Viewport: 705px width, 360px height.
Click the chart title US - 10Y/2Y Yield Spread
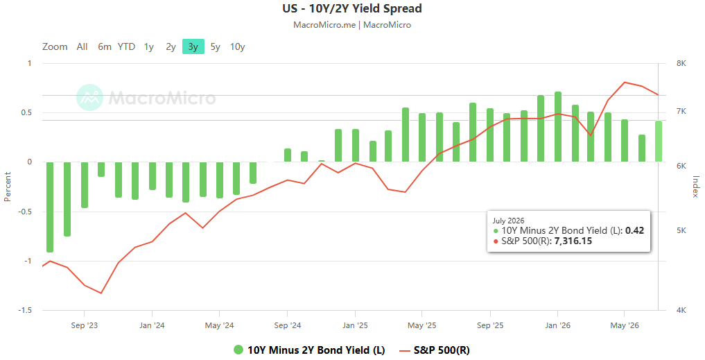352,8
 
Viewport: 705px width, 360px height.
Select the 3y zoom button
193,46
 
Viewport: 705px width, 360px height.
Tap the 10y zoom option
237,46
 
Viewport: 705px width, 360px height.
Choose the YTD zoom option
126,46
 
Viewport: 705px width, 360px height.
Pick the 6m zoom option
105,46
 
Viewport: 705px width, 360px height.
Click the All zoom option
82,46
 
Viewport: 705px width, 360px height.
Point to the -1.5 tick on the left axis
25,311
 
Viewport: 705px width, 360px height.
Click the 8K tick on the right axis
681,63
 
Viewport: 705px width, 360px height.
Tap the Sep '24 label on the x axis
287,325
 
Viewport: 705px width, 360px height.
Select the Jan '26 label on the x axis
557,325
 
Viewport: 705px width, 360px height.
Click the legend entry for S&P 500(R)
435,350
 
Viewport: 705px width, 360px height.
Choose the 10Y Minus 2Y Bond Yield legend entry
309,350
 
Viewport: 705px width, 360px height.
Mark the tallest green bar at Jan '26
558,127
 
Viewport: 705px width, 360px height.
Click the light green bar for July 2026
659,142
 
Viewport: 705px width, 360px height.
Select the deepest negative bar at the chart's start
50,207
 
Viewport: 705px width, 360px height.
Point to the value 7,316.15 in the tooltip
573,241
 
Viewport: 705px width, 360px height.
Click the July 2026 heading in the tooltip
509,221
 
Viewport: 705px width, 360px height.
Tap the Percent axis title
8,187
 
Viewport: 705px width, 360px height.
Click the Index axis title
695,187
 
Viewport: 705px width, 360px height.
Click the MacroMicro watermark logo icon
89,97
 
